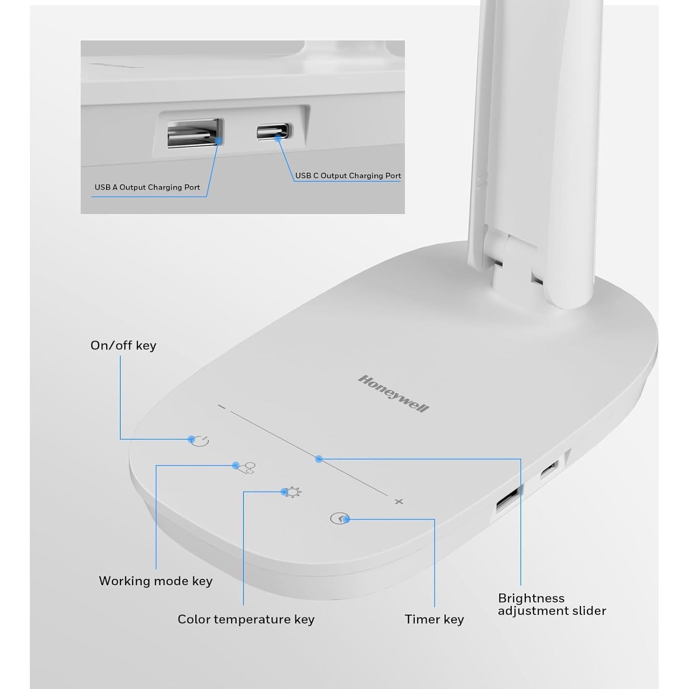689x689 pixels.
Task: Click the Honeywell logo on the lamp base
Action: [x=393, y=394]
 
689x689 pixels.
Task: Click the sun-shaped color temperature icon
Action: [x=293, y=492]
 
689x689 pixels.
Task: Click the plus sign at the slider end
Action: [x=399, y=501]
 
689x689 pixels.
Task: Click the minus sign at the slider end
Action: [x=222, y=407]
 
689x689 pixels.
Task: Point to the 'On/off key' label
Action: [x=123, y=345]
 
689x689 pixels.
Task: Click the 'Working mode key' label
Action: [x=156, y=581]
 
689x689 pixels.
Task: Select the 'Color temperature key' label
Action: [x=246, y=619]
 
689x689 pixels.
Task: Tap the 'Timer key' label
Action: [x=434, y=619]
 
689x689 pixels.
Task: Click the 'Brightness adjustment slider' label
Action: [x=552, y=604]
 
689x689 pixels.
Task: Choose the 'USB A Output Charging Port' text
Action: [x=147, y=187]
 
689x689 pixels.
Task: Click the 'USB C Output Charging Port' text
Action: [x=348, y=175]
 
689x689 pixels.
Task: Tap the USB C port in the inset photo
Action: [x=274, y=131]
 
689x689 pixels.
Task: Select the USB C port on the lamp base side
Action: [x=549, y=470]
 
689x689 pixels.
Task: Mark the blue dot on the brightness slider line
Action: [x=319, y=458]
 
